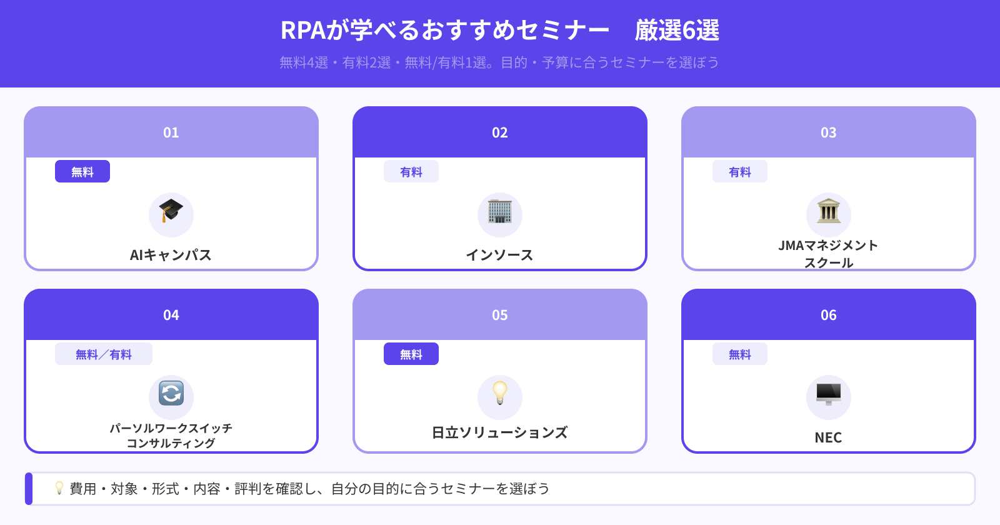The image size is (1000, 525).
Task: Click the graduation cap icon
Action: (171, 211)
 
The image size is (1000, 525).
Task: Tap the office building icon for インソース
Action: (500, 212)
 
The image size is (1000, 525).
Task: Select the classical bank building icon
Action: (829, 211)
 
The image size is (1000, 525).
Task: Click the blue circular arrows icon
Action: (171, 394)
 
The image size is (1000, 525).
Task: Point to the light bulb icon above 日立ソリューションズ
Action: (500, 393)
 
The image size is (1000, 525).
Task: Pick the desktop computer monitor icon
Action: (829, 394)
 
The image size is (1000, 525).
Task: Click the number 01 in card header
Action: (171, 132)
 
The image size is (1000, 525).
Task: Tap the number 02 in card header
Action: (500, 132)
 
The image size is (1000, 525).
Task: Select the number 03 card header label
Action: (829, 132)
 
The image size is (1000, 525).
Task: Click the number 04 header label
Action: (171, 315)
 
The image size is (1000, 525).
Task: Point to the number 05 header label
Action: (500, 315)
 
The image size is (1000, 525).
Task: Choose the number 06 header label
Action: (829, 315)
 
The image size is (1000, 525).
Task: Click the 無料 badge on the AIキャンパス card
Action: (82, 172)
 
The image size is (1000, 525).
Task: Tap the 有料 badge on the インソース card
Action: (411, 172)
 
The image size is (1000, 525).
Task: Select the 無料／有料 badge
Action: (104, 354)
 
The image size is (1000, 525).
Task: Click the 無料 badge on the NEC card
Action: (740, 354)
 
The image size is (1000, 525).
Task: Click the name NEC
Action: (829, 437)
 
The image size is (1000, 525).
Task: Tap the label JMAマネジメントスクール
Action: (829, 254)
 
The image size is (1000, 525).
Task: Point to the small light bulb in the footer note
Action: (59, 488)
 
